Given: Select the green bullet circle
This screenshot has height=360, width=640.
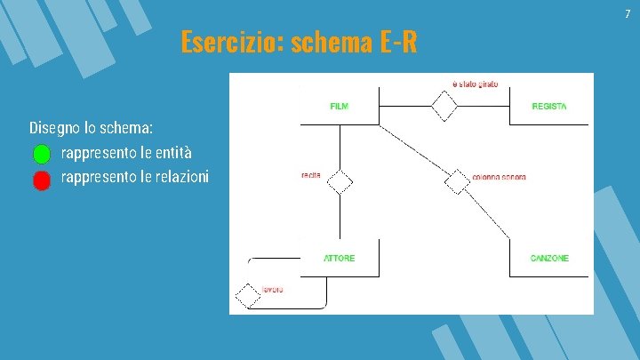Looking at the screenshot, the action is pos(42,154).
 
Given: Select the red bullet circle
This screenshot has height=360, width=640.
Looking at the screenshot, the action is pos(42,180).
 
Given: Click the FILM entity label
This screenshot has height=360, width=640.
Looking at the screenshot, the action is pos(339,107).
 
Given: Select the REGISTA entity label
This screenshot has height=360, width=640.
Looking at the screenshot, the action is pos(549,107).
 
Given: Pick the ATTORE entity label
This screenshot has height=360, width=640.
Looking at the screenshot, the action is pos(339,259).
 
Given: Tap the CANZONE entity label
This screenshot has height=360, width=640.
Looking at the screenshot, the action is pos(549,259).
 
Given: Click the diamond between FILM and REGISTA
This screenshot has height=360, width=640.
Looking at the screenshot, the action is pos(444,107).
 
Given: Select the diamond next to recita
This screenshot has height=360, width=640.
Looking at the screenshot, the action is pos(340,182).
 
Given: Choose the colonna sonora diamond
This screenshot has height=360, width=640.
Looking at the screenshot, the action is pos(457,181).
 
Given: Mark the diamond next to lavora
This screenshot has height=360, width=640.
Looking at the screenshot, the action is pos(246,294).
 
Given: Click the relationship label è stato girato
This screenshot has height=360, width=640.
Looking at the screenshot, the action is pos(476,84).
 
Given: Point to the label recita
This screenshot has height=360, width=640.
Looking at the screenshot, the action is pos(311,175).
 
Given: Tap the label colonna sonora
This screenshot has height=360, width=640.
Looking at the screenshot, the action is pos(500,177).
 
